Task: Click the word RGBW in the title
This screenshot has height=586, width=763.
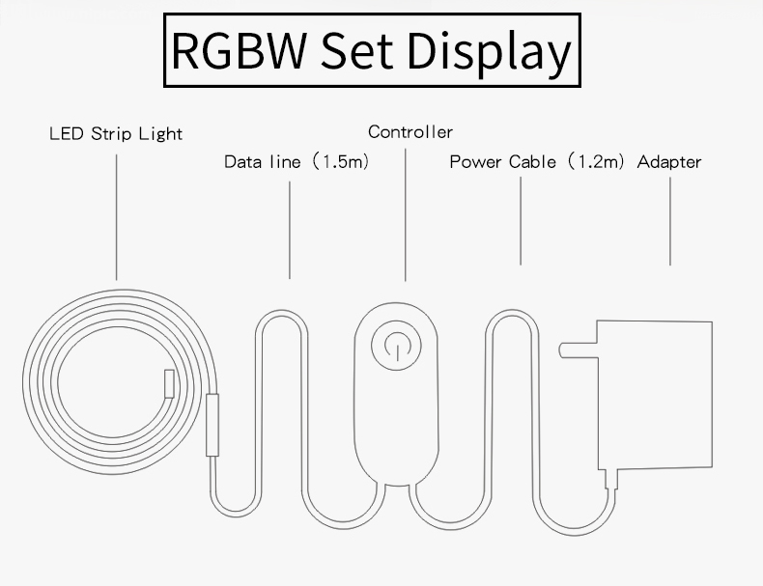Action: click(x=238, y=51)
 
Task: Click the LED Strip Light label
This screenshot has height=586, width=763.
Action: click(x=116, y=133)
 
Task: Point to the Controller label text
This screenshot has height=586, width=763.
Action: click(x=410, y=132)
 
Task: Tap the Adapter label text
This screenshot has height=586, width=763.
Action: click(x=669, y=162)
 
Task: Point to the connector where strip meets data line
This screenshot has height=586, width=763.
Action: click(x=212, y=424)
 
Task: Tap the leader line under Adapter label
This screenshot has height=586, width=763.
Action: click(x=669, y=222)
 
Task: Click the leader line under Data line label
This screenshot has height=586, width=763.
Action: click(x=290, y=232)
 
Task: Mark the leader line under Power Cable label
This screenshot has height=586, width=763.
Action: click(x=522, y=222)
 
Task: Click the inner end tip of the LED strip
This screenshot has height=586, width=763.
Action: click(x=168, y=382)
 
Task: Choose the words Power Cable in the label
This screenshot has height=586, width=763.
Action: click(x=501, y=162)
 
